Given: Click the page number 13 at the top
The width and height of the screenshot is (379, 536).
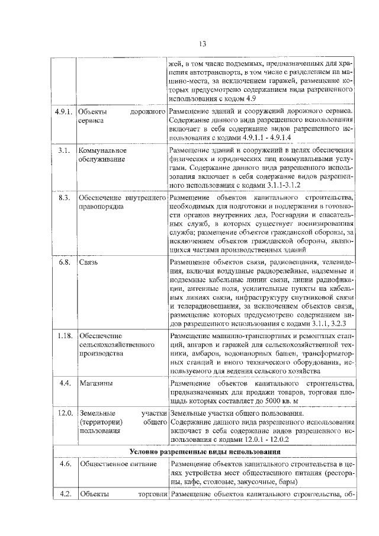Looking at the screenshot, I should point(202,44).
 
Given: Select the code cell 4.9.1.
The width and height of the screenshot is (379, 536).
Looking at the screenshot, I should point(63,111).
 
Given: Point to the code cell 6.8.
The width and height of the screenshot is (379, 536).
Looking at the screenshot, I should point(65,262).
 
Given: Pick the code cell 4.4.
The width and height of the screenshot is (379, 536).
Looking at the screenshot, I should point(65,383).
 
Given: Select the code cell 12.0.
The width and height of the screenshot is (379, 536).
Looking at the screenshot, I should point(65,413).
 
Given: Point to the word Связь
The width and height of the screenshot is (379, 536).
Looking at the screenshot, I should point(89,262).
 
